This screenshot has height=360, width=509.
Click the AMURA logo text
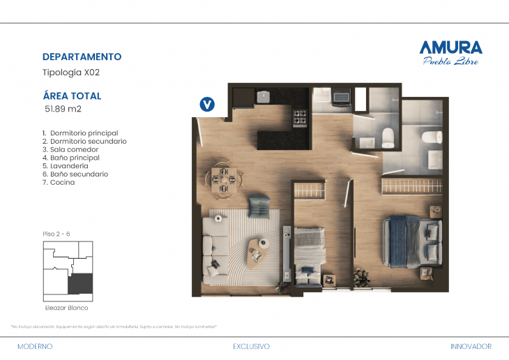pos(450,47)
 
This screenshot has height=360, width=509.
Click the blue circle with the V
pos(207,105)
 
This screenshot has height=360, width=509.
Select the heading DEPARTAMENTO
pos(82,57)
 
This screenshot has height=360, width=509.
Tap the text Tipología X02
pos(72,72)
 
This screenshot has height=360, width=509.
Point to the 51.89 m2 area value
pos(63,109)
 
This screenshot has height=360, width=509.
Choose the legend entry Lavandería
pos(68,166)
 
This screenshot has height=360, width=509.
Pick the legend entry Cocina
pos(62,182)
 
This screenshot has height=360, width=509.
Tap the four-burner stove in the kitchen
pos(301,118)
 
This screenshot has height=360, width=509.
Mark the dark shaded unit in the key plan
pos(79,283)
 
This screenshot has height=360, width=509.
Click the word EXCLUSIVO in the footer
pos(251,346)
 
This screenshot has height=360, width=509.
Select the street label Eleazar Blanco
pos(66,307)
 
